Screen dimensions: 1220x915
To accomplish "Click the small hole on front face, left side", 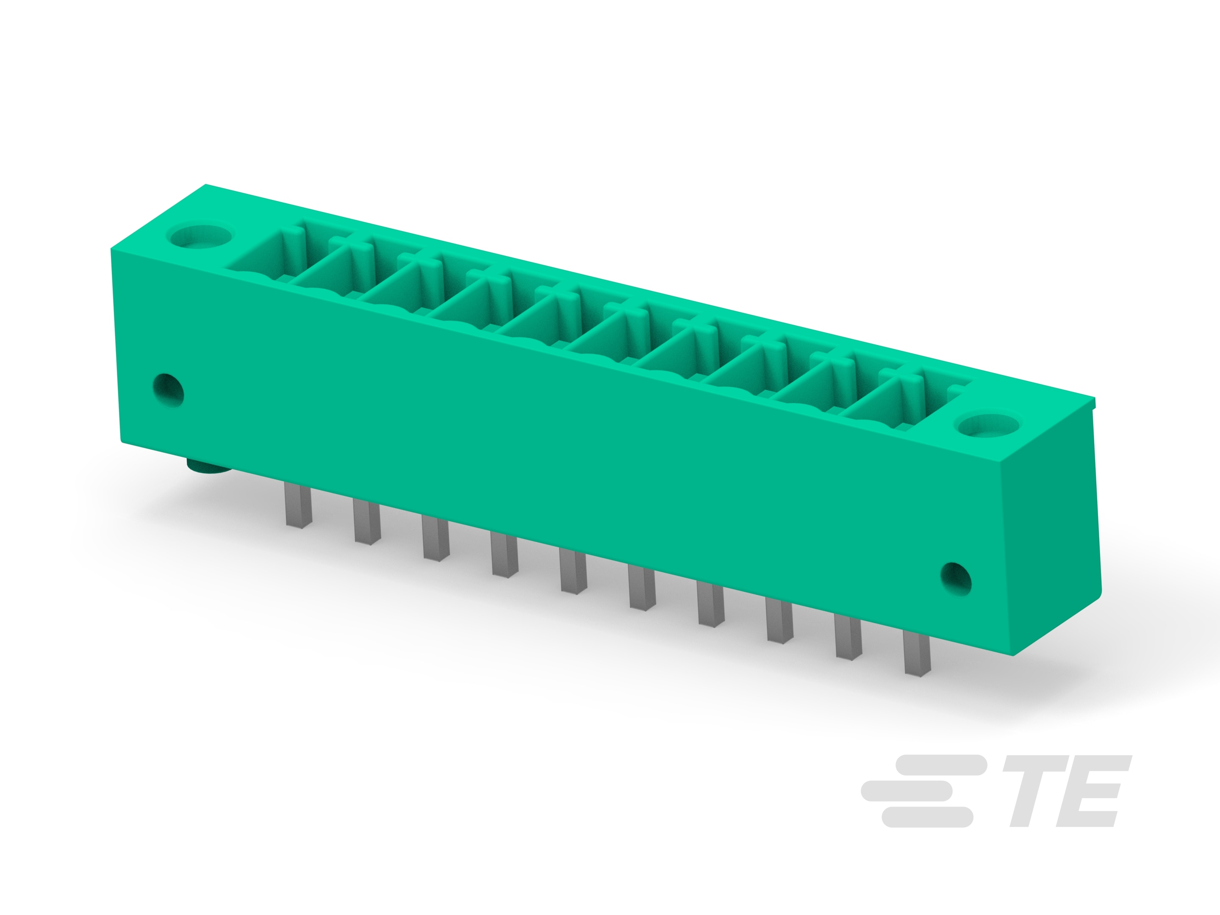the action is point(168,390).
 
